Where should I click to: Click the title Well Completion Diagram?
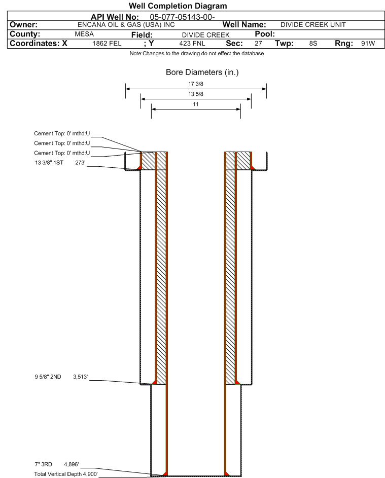[178, 6]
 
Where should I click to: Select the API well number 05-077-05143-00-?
[182, 17]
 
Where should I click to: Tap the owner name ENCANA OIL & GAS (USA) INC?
[126, 25]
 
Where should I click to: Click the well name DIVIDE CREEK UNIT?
[313, 25]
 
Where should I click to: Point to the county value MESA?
[84, 34]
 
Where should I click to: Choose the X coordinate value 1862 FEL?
[107, 43]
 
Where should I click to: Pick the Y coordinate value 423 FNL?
[192, 43]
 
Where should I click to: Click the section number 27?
[258, 43]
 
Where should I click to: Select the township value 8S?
[313, 43]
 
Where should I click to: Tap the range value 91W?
[368, 43]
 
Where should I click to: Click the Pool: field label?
[265, 34]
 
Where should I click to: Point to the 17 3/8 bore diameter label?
[196, 84]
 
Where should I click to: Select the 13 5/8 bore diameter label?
[196, 94]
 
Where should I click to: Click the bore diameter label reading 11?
[196, 104]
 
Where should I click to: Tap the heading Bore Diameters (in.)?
[202, 72]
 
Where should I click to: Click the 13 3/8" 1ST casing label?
[49, 163]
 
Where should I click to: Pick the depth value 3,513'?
[80, 377]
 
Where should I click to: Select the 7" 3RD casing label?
[43, 464]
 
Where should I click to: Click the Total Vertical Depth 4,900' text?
[66, 474]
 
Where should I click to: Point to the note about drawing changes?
[196, 53]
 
